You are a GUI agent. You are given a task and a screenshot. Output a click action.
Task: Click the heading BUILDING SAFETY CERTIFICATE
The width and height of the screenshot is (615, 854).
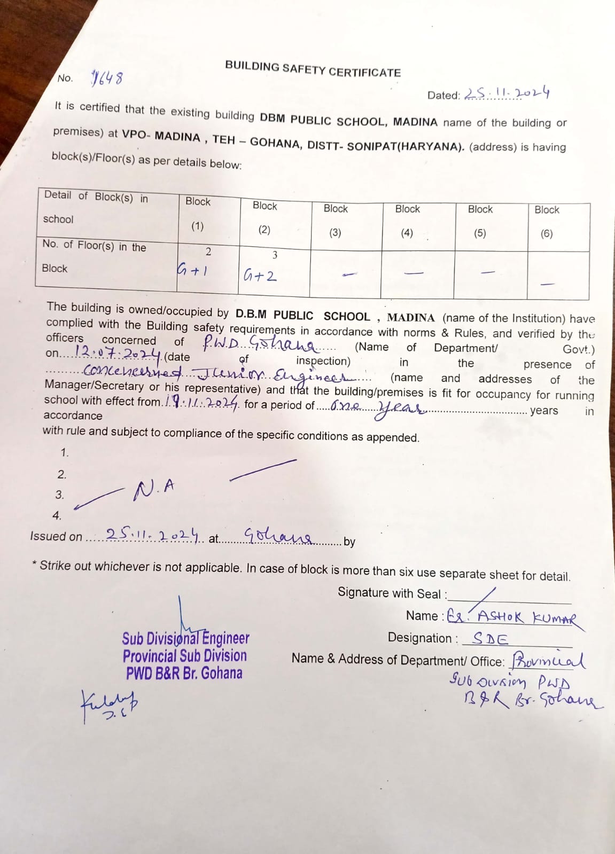(x=313, y=69)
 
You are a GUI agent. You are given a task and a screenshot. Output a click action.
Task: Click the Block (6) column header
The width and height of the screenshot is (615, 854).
(x=547, y=221)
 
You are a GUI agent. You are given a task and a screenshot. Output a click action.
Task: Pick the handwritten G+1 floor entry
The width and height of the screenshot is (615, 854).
(x=192, y=270)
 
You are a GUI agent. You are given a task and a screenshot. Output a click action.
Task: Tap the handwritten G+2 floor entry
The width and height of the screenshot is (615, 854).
(x=260, y=276)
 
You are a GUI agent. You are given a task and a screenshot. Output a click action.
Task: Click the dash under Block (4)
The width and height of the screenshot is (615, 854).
(x=414, y=273)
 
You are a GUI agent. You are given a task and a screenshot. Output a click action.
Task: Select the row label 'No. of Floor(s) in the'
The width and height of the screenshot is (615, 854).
(x=94, y=246)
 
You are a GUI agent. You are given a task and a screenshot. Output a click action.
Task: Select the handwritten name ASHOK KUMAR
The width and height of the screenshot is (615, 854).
(x=527, y=618)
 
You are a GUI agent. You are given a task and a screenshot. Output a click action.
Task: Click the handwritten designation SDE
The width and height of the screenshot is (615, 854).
(x=491, y=639)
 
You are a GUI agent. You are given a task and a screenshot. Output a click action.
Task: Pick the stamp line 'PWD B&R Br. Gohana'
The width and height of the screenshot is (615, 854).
(x=184, y=673)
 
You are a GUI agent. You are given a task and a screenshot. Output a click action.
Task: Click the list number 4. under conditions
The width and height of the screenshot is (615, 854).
(x=57, y=516)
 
